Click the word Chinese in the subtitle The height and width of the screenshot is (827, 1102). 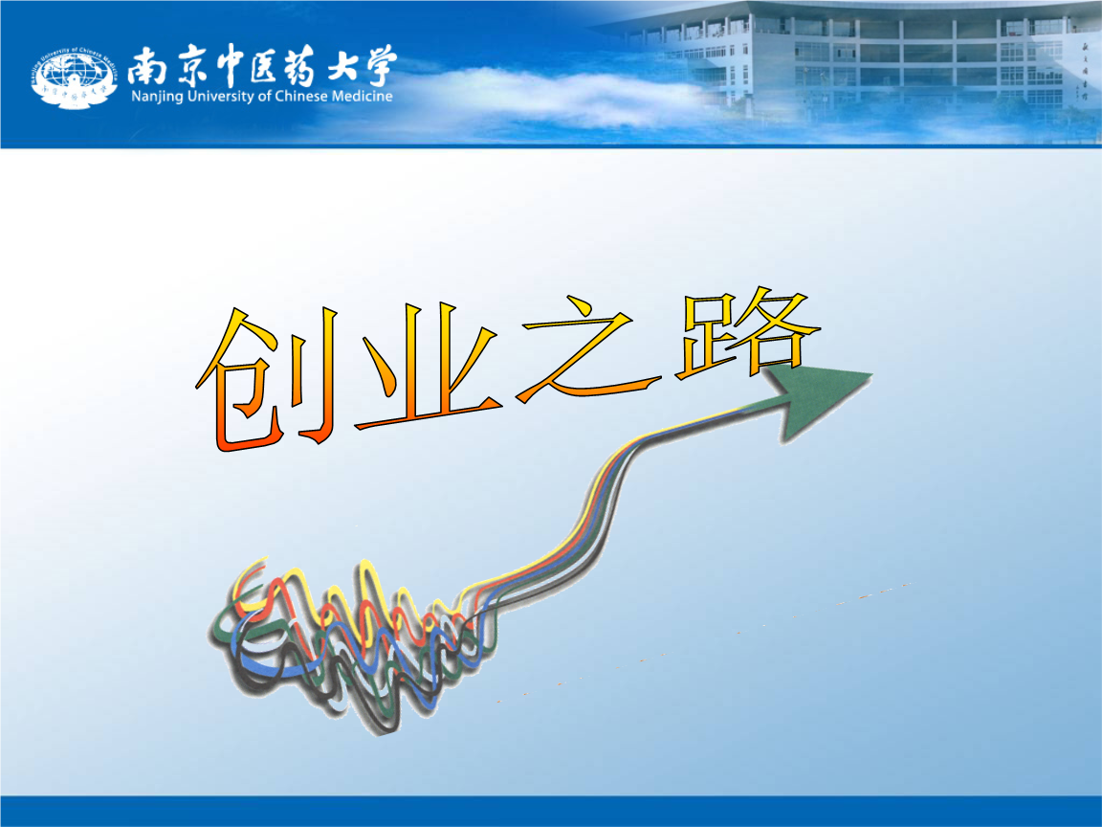[300, 96]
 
